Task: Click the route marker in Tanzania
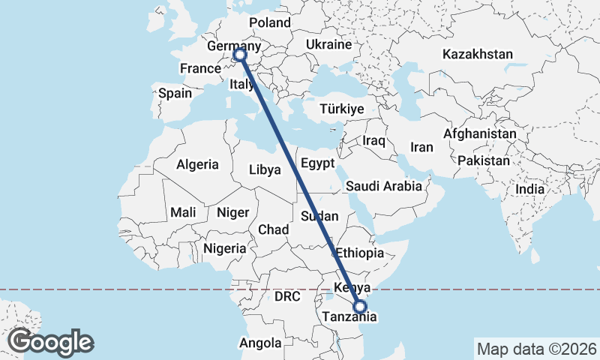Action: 360,307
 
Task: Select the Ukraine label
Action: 328,45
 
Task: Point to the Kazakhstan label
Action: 478,55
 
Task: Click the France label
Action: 199,69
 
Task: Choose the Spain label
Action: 175,94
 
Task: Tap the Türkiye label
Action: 341,109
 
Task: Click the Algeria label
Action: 197,164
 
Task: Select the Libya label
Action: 265,169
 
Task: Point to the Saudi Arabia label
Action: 384,185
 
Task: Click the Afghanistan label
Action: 480,134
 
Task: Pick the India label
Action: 529,190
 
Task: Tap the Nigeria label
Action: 224,248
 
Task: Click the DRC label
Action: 286,297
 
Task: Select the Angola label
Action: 260,343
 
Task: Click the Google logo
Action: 51,342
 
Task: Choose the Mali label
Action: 183,212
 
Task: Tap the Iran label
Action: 422,148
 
